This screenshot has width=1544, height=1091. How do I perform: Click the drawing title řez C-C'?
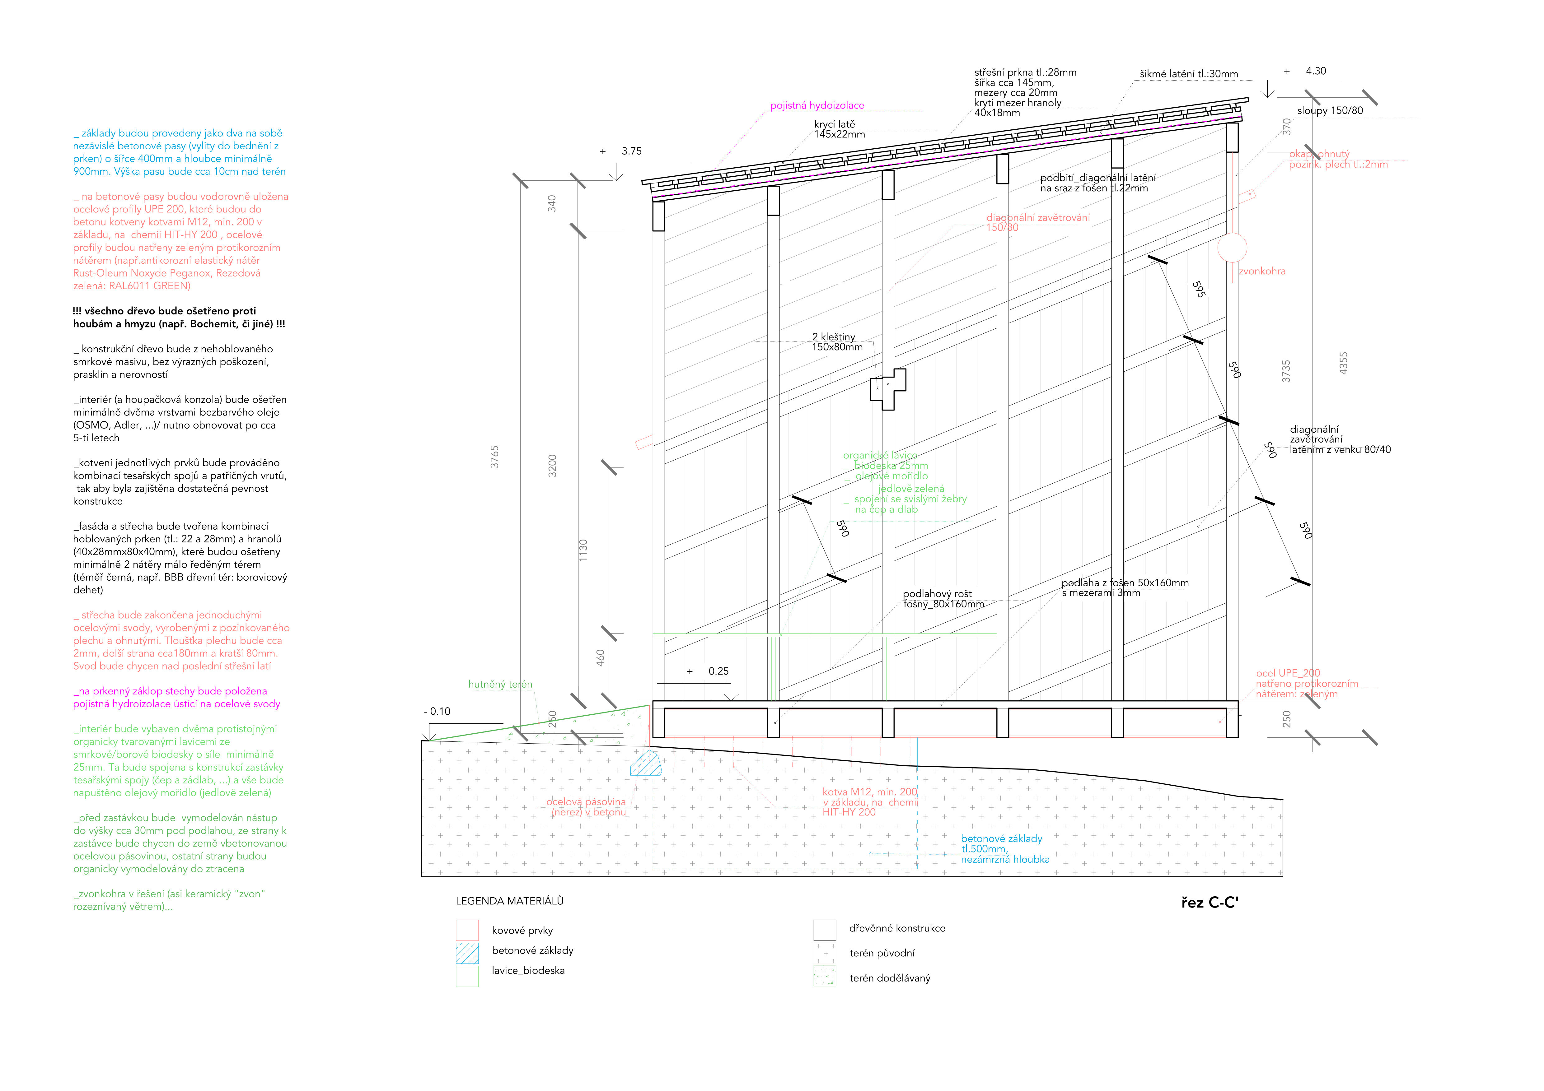pyautogui.click(x=1209, y=903)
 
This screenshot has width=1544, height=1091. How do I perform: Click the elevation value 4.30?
pyautogui.click(x=1315, y=71)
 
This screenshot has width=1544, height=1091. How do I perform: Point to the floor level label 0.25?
pyautogui.click(x=718, y=671)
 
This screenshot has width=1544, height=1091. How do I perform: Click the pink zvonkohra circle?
pyautogui.click(x=1232, y=247)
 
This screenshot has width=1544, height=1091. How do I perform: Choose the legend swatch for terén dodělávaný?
pyautogui.click(x=825, y=976)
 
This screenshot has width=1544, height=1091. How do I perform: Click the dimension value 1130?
pyautogui.click(x=583, y=550)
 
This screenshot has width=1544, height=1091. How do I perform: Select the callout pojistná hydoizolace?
pyautogui.click(x=817, y=105)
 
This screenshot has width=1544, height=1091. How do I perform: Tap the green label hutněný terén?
pyautogui.click(x=500, y=684)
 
